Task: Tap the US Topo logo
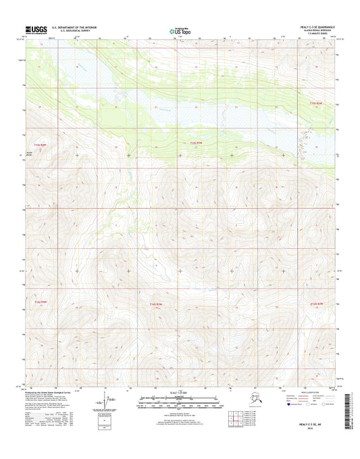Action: [x=180, y=30]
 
